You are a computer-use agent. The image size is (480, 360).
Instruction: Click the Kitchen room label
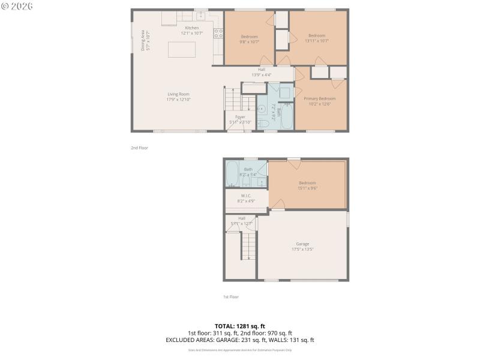tap(192, 28)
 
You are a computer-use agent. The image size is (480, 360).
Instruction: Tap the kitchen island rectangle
tap(182, 49)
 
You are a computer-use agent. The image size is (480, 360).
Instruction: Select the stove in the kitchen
tap(218, 33)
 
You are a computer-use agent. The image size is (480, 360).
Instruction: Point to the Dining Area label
tap(143, 40)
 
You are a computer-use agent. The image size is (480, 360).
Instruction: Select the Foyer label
tap(240, 116)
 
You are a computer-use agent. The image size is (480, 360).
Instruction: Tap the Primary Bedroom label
tap(319, 98)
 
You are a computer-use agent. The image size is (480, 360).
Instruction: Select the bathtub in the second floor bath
tap(286, 116)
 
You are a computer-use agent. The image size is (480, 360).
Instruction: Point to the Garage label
tap(302, 244)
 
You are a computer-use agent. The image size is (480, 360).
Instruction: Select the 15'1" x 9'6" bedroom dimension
tap(307, 188)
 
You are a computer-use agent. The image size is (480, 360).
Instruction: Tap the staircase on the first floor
tap(248, 247)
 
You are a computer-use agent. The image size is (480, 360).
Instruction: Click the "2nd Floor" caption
tap(139, 148)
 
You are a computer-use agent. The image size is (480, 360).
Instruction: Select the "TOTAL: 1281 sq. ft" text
tap(240, 326)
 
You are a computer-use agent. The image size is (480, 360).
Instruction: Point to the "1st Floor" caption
tap(230, 296)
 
